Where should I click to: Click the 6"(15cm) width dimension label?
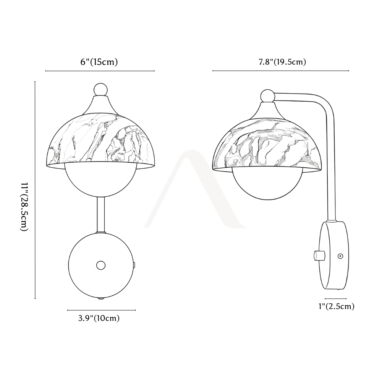click(99, 62)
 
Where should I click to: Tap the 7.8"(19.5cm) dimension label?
click(282, 62)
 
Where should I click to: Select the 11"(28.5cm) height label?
click(24, 207)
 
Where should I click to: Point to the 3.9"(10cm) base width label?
click(99, 318)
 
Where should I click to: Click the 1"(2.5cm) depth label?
click(337, 306)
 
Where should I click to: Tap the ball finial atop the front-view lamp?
click(100, 90)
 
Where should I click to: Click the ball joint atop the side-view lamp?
click(267, 96)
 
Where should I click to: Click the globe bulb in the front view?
click(100, 181)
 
